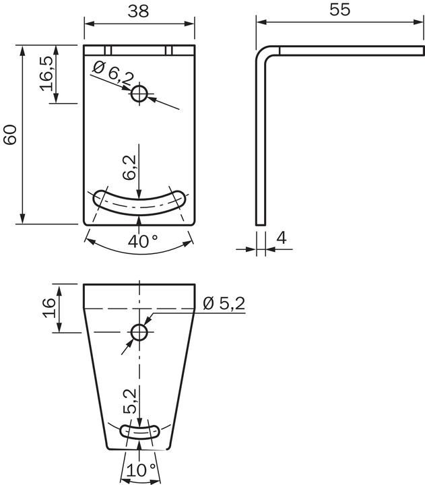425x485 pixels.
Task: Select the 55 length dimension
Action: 340,9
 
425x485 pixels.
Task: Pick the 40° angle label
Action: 143,241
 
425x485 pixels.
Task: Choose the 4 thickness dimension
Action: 282,237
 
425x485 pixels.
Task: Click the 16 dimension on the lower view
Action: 48,308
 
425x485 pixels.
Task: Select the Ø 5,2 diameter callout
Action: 224,304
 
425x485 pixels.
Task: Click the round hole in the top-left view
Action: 139,94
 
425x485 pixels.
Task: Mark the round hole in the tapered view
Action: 139,332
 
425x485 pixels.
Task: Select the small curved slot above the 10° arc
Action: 139,430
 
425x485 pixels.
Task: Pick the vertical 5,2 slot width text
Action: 131,401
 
